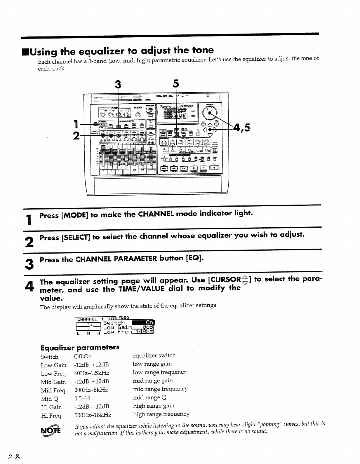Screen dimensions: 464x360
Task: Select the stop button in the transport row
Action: click(194, 168)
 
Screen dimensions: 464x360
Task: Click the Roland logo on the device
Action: click(166, 107)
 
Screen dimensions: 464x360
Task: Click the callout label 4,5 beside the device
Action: click(241, 128)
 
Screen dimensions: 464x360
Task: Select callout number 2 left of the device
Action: click(76, 136)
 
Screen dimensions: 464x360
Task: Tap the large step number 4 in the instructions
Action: click(29, 286)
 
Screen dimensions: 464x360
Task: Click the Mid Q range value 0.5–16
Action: click(82, 399)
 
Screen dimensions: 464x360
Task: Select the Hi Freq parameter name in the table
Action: click(51, 416)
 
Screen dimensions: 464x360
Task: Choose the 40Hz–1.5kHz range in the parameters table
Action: click(92, 373)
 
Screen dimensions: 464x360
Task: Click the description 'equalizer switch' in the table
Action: click(154, 355)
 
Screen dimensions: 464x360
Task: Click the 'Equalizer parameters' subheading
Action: click(80, 348)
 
